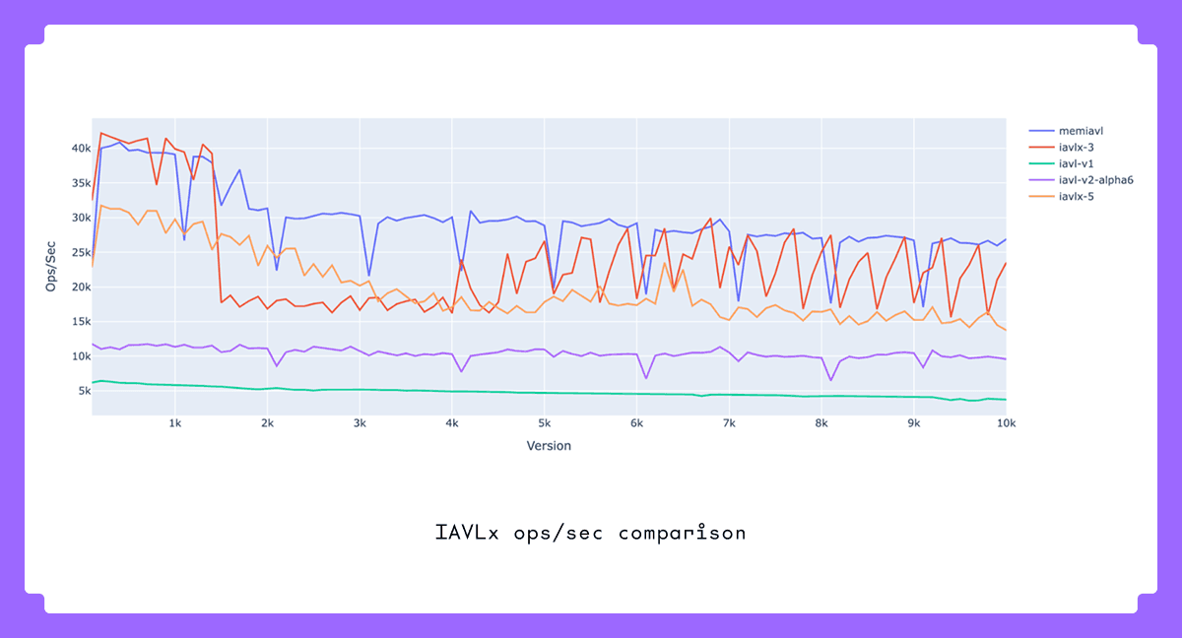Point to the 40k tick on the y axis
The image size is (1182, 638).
pyautogui.click(x=80, y=149)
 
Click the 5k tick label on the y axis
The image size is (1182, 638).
pyautogui.click(x=83, y=391)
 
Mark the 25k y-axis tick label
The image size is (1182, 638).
pyautogui.click(x=80, y=252)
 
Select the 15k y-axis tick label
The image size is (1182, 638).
pyautogui.click(x=80, y=322)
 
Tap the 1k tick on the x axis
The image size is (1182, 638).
pyautogui.click(x=175, y=423)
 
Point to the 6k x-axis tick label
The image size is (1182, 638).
pyautogui.click(x=636, y=423)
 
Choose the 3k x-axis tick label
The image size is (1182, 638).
pyautogui.click(x=360, y=423)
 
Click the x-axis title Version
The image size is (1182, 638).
pyautogui.click(x=549, y=445)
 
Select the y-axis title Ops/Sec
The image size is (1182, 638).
pyautogui.click(x=52, y=266)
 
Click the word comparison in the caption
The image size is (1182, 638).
pyautogui.click(x=683, y=534)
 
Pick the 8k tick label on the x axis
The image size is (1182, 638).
pyautogui.click(x=821, y=423)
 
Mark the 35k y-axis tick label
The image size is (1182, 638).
pyautogui.click(x=80, y=183)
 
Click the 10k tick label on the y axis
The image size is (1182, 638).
pyautogui.click(x=80, y=356)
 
